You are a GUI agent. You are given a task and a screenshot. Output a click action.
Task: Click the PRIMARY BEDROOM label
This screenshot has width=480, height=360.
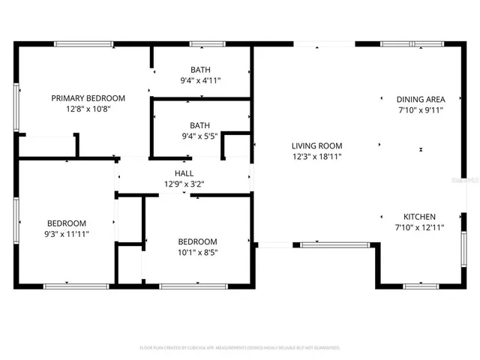coord(88,98)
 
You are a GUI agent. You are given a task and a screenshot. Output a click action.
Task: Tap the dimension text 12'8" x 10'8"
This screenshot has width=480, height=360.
coord(88,109)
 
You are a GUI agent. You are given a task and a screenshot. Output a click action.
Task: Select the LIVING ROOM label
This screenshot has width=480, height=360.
coord(317,146)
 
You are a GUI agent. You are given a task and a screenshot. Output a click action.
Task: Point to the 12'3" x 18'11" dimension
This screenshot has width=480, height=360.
coord(317,157)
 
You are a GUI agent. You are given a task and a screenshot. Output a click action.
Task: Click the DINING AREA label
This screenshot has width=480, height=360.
coord(421,99)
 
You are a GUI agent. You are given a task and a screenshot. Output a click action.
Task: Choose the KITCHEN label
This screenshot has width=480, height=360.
coord(420,216)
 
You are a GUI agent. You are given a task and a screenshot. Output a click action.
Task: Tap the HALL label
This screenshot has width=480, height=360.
coord(184,173)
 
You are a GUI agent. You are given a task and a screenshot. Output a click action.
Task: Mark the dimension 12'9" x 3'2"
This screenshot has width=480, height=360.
coord(184,184)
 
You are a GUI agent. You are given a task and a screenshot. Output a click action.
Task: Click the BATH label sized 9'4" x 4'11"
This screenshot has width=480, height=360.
coord(200,70)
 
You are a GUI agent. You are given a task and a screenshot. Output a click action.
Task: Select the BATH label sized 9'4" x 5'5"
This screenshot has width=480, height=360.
coord(200,125)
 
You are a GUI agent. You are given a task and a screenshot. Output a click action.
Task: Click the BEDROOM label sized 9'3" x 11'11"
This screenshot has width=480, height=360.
coord(67,223)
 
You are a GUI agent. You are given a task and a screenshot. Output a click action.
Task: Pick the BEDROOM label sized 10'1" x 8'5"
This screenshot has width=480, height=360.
coord(197,241)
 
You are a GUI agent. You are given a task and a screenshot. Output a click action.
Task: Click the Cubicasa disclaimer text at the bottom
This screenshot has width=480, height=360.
coord(240,348)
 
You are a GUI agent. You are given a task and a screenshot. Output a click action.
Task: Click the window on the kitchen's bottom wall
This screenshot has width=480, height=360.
coord(421,286)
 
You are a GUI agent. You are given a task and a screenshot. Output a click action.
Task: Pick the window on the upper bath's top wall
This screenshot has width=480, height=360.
coord(199,43)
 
